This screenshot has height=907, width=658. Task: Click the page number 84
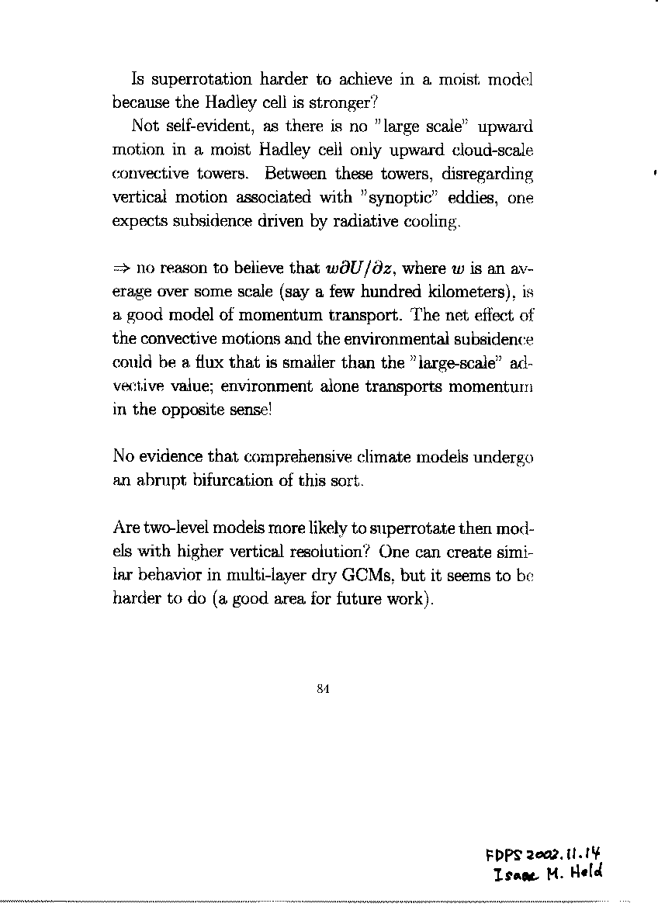coord(324,687)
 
